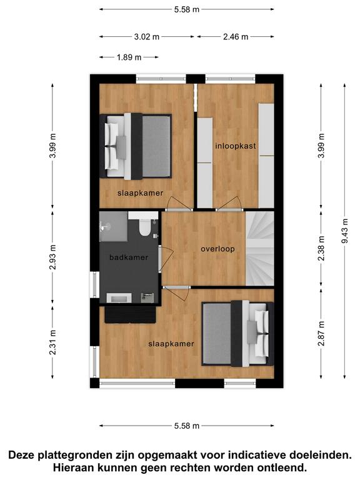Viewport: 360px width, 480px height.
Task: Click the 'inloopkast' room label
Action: [x=236, y=146]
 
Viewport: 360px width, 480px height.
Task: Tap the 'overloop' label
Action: [x=217, y=249]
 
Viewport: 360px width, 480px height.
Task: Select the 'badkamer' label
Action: [x=129, y=257]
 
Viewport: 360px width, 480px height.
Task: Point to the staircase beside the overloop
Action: [x=260, y=248]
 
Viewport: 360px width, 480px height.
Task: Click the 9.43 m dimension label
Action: [x=345, y=231]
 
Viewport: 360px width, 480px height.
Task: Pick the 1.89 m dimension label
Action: [x=129, y=57]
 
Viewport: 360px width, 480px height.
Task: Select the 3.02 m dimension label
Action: [x=147, y=37]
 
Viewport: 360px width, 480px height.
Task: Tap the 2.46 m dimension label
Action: [x=236, y=37]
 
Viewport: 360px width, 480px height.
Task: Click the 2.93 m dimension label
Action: [x=52, y=257]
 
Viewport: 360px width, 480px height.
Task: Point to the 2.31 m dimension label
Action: [x=52, y=342]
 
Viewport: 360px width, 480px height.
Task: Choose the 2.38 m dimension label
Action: [x=321, y=248]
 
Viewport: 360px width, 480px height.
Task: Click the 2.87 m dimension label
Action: [x=321, y=333]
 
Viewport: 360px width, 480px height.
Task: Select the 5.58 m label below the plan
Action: [x=187, y=426]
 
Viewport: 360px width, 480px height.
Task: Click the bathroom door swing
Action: [x=167, y=257]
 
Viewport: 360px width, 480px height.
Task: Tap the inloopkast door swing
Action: [x=228, y=203]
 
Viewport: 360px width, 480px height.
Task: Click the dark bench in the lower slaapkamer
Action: [x=130, y=314]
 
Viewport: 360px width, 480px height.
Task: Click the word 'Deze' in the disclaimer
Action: [x=21, y=455]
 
